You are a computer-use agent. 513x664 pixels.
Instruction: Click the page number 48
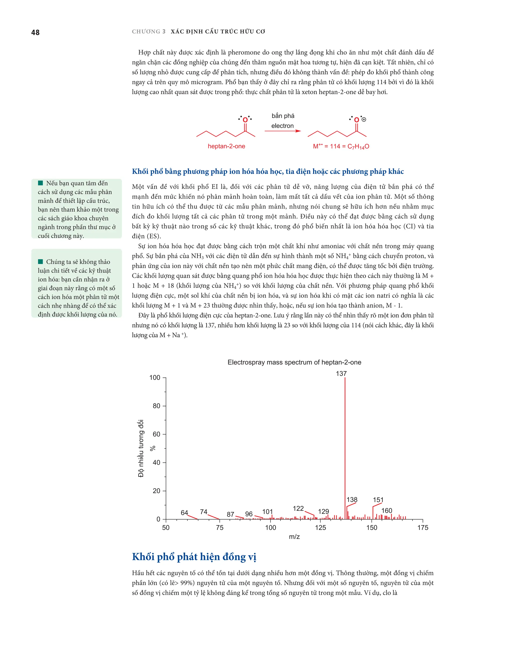[35, 33]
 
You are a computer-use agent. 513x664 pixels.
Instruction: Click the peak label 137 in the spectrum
[341, 373]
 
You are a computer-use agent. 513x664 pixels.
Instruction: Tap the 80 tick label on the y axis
[156, 406]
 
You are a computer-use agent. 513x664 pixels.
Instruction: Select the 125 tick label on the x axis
[320, 527]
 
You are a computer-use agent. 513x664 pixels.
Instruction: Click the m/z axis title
[294, 537]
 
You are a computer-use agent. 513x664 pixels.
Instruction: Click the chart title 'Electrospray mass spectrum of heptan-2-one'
[294, 362]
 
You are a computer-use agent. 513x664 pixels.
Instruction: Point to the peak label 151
[378, 500]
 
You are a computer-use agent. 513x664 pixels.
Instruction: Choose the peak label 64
[184, 513]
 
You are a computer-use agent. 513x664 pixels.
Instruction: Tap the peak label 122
[298, 508]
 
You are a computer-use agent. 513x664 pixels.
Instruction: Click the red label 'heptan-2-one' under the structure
[226, 146]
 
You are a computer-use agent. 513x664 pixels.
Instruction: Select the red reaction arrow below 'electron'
[282, 131]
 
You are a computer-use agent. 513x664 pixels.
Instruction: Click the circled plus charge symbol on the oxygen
[364, 120]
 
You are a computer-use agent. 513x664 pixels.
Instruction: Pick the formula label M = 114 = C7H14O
[341, 147]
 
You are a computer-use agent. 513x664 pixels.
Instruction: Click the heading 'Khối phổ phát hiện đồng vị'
[194, 557]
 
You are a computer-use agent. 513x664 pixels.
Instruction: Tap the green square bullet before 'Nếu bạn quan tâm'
[40, 183]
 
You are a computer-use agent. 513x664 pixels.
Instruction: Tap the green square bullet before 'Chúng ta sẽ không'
[40, 262]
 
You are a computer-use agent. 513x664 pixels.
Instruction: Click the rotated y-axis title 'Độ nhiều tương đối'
[141, 449]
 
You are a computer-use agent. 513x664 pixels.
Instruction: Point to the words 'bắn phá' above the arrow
[283, 116]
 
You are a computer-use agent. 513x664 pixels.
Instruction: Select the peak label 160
[387, 510]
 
